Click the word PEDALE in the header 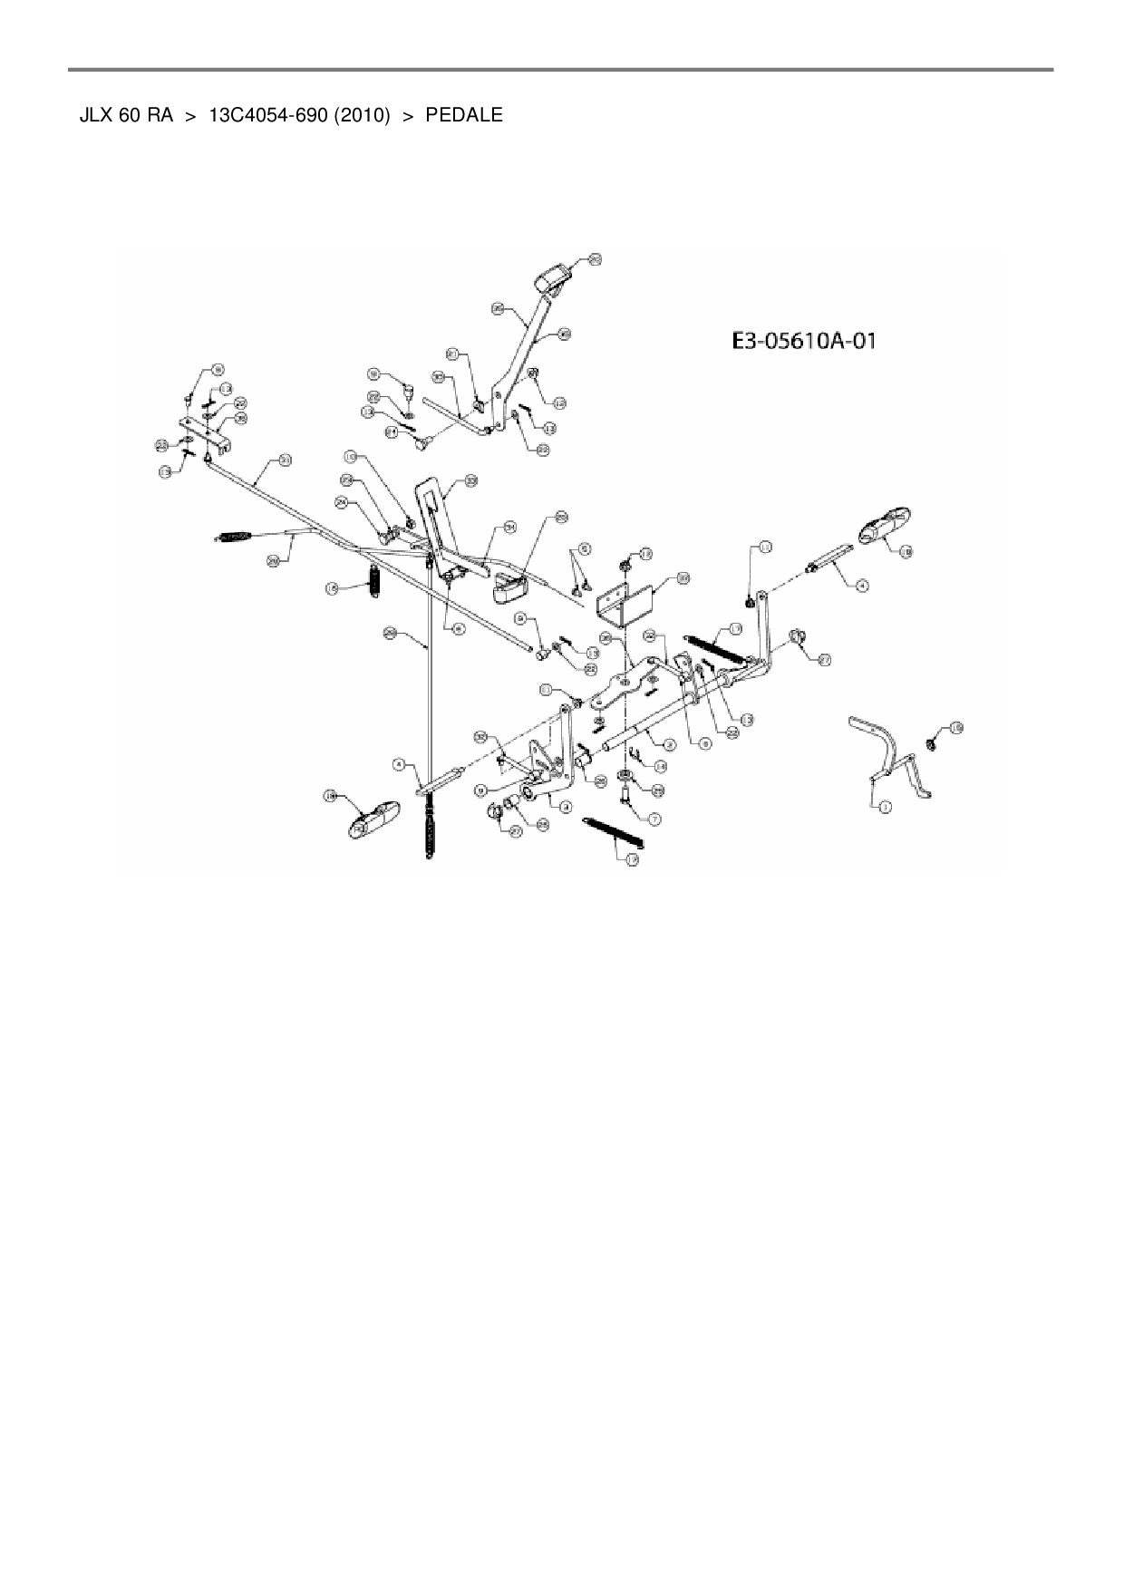463,116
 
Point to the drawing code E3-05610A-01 804,342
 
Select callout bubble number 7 655,818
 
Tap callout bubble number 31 286,461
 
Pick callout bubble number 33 471,481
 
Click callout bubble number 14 660,767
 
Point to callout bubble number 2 670,744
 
